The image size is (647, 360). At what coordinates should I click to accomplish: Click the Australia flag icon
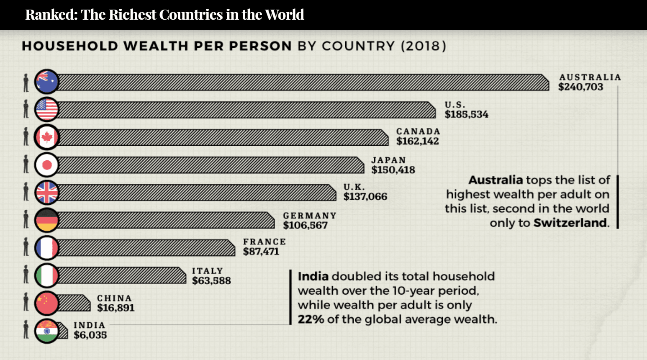coord(46,81)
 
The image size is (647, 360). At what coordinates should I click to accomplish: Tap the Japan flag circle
coord(46,165)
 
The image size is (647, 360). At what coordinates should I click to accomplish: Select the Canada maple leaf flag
coord(46,137)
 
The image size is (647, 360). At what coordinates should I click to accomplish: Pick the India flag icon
coord(46,331)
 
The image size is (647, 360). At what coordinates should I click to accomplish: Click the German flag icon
coord(46,220)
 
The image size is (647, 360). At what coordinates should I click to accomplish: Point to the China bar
coord(74,303)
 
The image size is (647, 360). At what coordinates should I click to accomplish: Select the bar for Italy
coord(121,275)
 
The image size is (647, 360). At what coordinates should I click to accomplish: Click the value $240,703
coord(580,87)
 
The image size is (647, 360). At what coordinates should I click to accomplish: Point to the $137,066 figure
coord(365,197)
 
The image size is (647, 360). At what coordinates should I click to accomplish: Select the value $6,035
coord(90,335)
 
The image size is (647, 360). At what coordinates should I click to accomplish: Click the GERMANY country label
coord(309,216)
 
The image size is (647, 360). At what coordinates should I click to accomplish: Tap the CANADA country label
coord(418,131)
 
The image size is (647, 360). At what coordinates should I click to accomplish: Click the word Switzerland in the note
coord(570,223)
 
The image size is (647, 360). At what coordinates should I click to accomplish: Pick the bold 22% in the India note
coord(311,319)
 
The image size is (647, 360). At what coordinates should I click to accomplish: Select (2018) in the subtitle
coord(423,46)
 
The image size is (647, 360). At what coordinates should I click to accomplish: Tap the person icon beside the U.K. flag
coord(26,192)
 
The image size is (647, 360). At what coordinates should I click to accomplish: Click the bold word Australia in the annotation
coord(496,180)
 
